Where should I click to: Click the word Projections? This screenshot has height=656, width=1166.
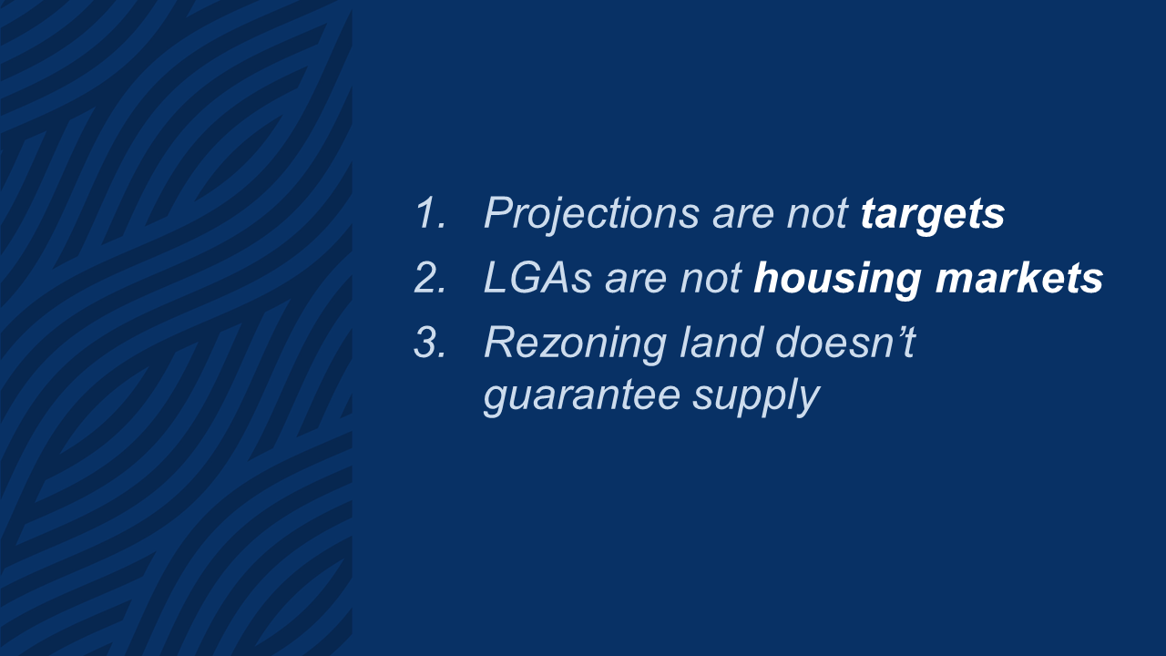click(591, 213)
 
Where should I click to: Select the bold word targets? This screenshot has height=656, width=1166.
click(932, 214)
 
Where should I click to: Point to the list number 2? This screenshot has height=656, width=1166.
click(430, 278)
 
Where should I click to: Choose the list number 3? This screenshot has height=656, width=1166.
click(430, 342)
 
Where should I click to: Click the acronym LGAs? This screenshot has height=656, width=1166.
click(537, 278)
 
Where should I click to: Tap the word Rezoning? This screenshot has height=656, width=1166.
click(575, 343)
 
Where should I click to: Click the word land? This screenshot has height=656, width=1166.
click(721, 342)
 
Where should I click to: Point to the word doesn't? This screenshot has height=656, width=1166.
click(845, 342)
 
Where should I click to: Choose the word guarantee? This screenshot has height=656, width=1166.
click(582, 396)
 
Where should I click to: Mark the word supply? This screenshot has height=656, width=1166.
click(756, 396)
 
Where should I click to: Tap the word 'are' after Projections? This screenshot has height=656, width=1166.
click(742, 215)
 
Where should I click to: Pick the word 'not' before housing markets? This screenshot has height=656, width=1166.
click(711, 279)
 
